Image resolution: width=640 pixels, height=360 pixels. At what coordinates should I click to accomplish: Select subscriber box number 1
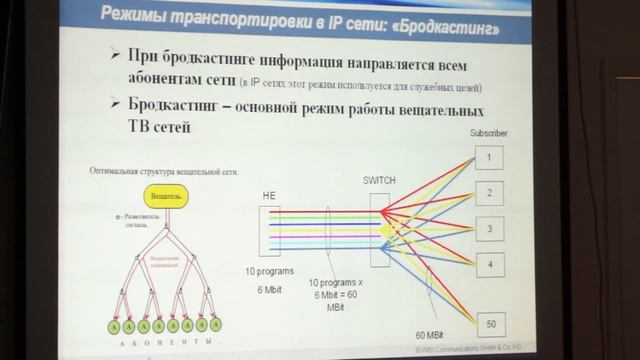(x=489, y=157)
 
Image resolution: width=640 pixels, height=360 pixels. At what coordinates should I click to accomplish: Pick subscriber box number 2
(x=489, y=191)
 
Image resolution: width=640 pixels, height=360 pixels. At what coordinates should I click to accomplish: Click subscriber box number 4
(x=489, y=264)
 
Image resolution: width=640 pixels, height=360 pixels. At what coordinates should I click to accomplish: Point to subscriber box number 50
(x=489, y=324)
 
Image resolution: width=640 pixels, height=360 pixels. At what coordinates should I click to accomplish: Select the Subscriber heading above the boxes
(x=491, y=133)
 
